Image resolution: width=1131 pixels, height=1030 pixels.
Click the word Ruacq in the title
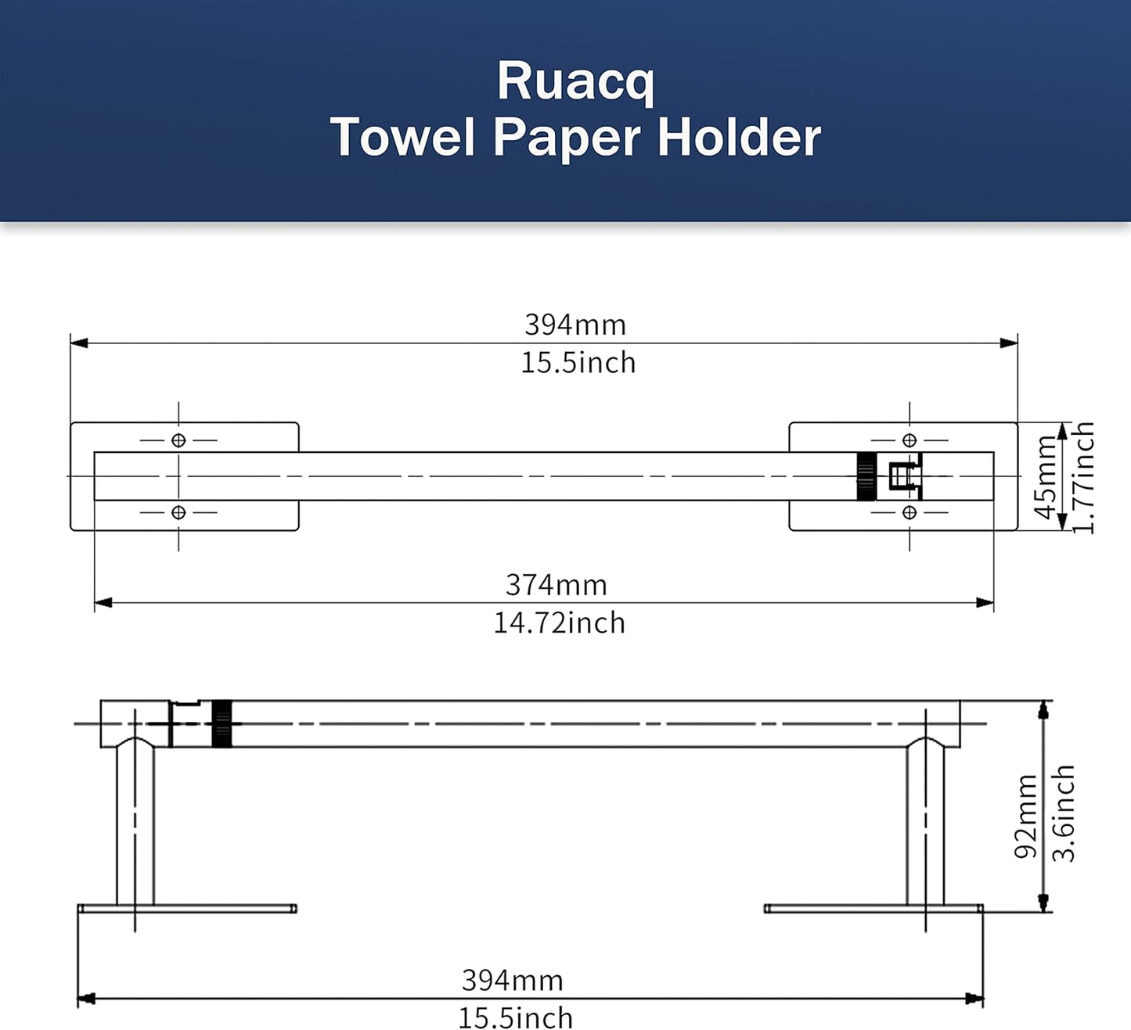575,81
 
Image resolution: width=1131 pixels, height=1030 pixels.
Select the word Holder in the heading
739,138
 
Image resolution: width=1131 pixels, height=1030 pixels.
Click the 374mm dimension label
556,585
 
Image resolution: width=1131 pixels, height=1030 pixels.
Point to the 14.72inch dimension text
559,623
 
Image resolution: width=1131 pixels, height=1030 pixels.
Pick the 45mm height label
1046,477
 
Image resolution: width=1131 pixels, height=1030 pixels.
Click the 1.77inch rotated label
1083,477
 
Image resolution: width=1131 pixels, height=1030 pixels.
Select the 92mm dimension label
1025,816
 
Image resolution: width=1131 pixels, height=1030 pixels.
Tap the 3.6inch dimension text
1063,813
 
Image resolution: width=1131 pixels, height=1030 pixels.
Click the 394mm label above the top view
575,325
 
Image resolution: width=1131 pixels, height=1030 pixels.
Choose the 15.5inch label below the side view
515,1018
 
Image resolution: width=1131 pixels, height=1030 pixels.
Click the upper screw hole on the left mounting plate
178,440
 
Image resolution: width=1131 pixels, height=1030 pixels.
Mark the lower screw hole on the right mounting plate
909,512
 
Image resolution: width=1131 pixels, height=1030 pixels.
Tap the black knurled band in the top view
866,476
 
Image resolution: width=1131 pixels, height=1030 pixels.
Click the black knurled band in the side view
222,724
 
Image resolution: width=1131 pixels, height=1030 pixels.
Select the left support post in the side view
135,825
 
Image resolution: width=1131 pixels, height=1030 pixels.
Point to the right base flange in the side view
873,909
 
